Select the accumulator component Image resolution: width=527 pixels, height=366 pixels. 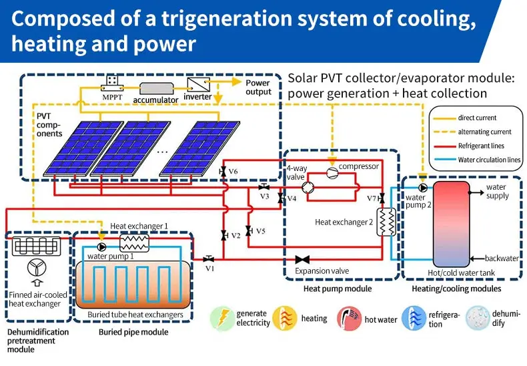pos(155,87)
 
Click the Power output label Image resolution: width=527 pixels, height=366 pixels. pos(258,87)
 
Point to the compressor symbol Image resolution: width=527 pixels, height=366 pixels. pos(332,172)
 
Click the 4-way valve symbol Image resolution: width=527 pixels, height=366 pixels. pos(309,188)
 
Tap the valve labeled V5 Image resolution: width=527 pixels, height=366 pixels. pos(248,231)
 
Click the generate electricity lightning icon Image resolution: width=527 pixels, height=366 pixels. pos(223,318)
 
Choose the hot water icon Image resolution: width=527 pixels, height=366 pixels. pos(348,318)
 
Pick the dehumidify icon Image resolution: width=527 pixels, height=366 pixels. pos(477,318)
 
